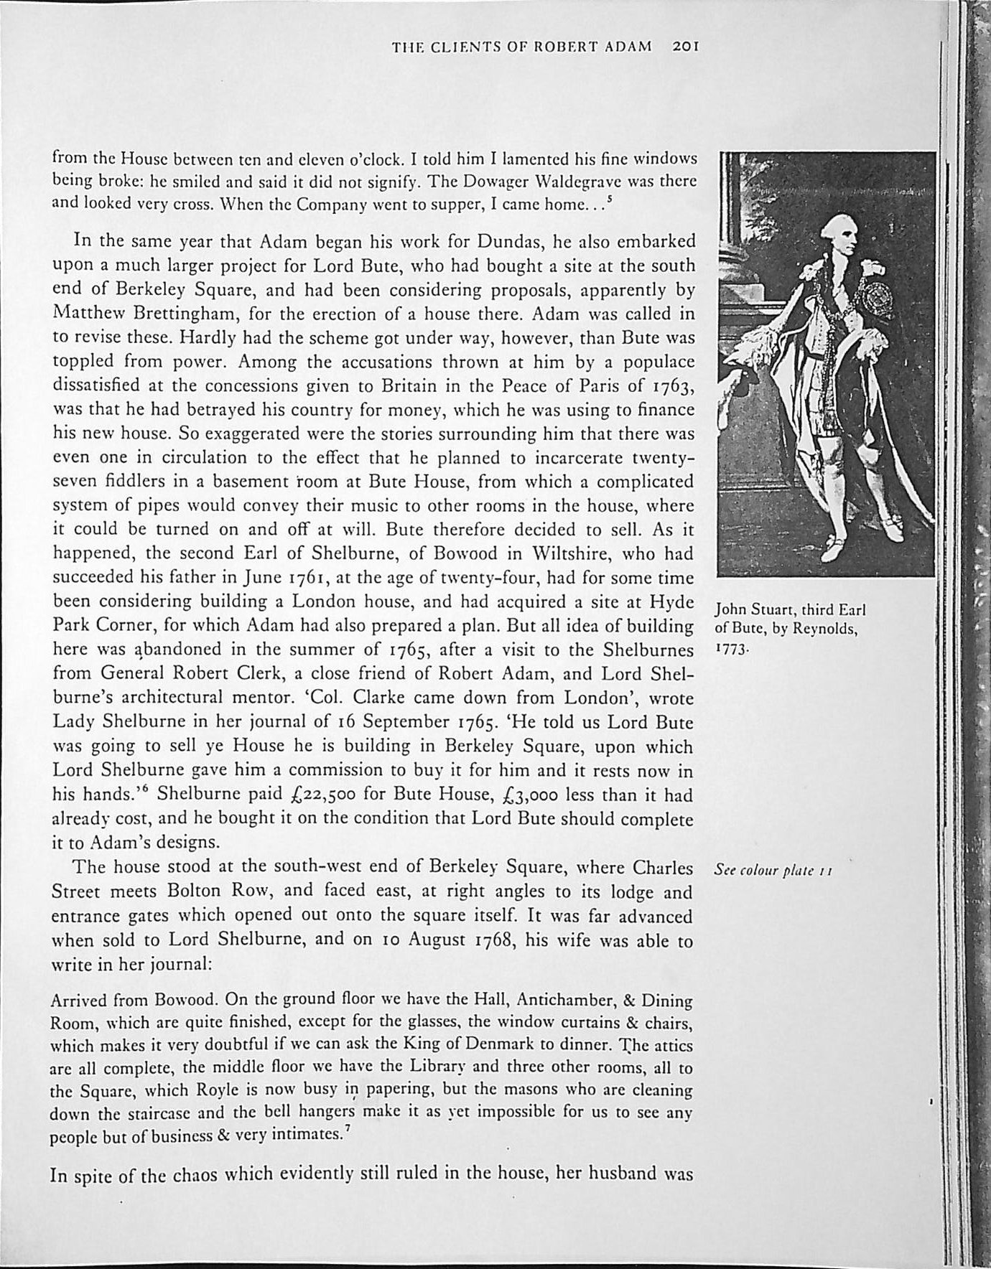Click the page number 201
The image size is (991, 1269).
(686, 48)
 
